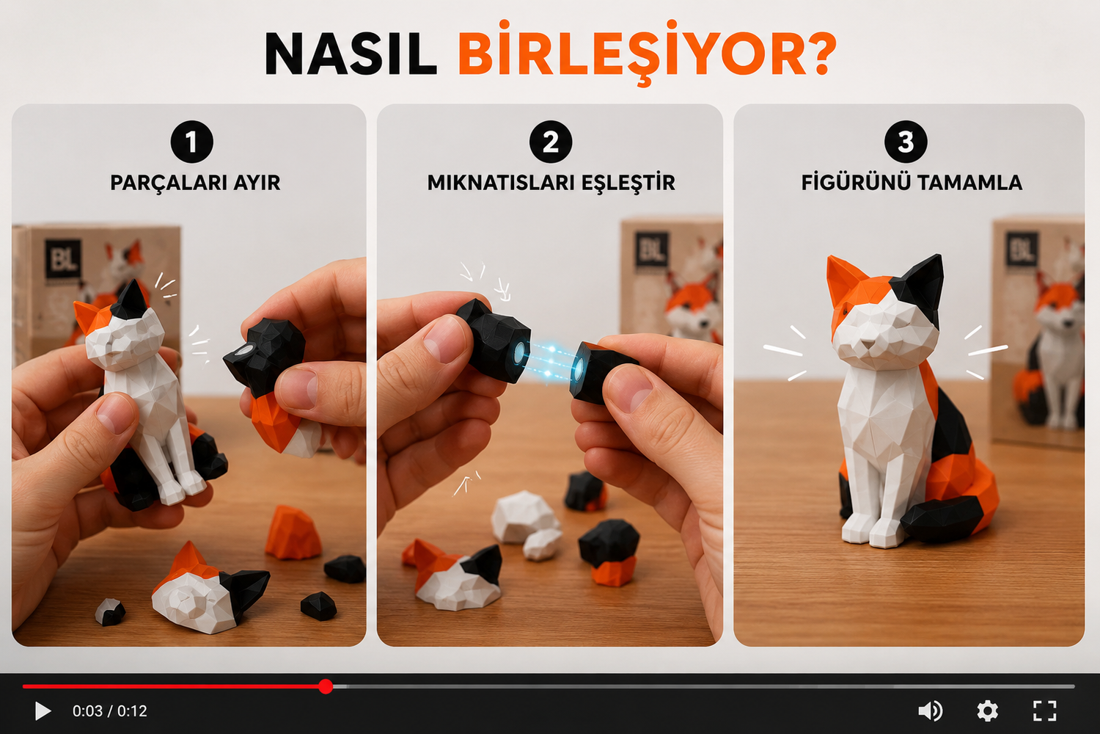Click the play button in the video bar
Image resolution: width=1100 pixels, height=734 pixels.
click(x=43, y=711)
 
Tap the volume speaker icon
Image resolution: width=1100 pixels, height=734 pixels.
click(x=930, y=711)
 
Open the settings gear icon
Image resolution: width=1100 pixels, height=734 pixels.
click(x=987, y=711)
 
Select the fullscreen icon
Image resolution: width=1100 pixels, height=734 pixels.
click(x=1044, y=711)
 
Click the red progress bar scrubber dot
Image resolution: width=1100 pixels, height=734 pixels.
click(x=326, y=686)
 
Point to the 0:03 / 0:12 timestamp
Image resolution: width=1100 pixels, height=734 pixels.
click(x=110, y=711)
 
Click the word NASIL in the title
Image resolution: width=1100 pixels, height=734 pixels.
click(x=351, y=54)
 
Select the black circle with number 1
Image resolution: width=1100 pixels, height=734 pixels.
click(x=192, y=142)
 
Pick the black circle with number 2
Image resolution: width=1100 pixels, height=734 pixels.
click(x=551, y=142)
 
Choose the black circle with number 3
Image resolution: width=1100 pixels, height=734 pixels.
click(x=906, y=142)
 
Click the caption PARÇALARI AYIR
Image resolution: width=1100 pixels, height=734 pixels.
click(x=195, y=183)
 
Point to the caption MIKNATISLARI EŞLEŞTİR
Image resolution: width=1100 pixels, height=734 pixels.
click(x=551, y=183)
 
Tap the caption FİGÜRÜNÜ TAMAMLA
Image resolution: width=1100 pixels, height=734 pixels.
click(x=912, y=182)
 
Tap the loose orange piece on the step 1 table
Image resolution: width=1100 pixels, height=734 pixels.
click(x=293, y=533)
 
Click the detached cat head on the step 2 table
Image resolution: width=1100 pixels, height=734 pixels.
click(x=452, y=575)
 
